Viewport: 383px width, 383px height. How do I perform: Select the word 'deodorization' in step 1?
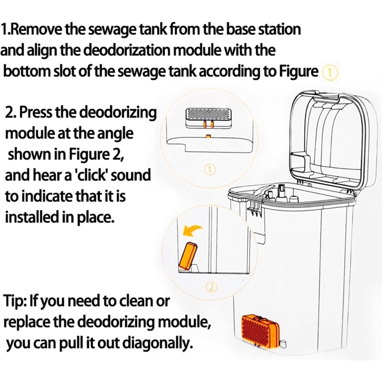pos(129,51)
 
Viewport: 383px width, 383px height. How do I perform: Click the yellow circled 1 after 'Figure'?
pos(330,72)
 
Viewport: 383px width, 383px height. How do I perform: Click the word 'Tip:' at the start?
pos(15,301)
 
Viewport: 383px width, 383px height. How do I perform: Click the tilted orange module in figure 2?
pos(188,256)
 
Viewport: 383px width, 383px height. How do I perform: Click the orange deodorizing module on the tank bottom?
pos(260,328)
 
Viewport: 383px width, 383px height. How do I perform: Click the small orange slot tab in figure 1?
pos(208,135)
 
